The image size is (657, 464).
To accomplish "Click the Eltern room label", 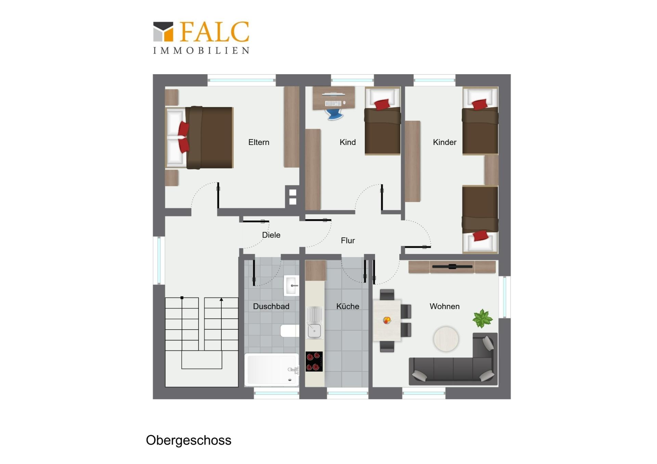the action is click(259, 142).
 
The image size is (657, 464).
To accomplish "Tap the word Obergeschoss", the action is click(189, 440).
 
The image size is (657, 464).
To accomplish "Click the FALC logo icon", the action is click(163, 32).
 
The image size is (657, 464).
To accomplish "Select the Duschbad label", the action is click(271, 306).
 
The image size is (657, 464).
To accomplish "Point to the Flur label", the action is click(348, 241).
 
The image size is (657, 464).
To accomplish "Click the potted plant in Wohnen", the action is click(482, 318).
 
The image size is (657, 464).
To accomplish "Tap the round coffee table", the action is click(446, 339).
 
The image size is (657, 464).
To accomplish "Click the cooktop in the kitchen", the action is click(314, 361).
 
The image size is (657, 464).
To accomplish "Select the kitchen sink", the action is click(314, 323).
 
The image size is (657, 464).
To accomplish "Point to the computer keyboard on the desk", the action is click(333, 103).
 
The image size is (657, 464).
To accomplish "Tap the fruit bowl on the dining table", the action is click(387, 320).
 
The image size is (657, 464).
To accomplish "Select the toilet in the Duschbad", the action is click(289, 331).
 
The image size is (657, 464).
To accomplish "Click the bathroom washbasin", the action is click(291, 285).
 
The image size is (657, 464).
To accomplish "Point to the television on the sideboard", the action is click(452, 266).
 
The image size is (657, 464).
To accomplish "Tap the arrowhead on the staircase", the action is click(221, 300).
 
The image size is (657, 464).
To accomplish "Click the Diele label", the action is click(271, 235).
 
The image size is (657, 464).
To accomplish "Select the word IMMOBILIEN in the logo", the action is click(201, 51).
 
